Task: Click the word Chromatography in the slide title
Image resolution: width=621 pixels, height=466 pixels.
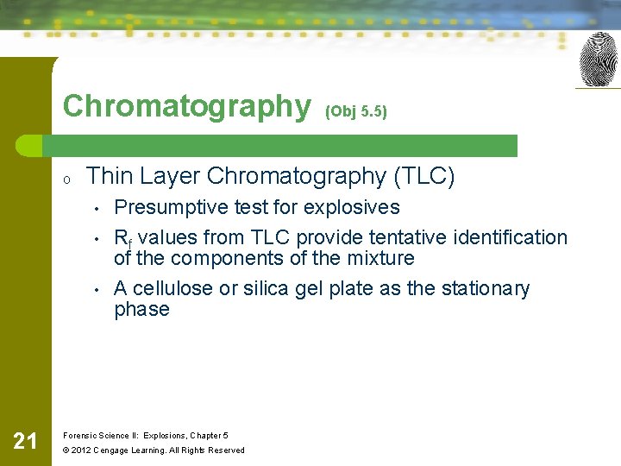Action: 186,106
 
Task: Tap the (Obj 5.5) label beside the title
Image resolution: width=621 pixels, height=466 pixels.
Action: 356,111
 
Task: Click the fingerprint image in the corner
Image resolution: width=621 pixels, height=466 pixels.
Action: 598,60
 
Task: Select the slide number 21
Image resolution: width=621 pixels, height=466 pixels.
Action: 25,442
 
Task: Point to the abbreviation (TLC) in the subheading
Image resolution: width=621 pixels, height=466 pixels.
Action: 424,176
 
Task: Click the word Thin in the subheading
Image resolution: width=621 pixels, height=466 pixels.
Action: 108,176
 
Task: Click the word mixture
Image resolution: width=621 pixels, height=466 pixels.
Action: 380,258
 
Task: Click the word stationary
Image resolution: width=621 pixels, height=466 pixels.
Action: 486,288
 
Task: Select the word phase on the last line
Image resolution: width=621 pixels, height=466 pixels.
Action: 142,309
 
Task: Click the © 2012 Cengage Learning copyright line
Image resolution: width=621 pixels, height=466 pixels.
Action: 154,450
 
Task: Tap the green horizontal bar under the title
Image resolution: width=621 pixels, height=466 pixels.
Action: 285,145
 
